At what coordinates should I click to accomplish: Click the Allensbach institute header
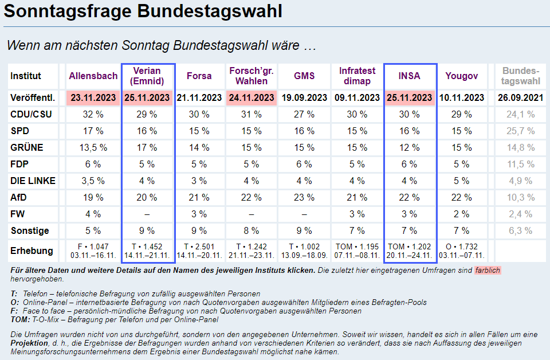click(x=93, y=76)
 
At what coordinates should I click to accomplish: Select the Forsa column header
click(x=199, y=76)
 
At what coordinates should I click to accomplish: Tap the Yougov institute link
click(x=462, y=76)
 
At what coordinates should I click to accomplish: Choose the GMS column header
click(x=304, y=76)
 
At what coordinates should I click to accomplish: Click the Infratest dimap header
click(x=357, y=76)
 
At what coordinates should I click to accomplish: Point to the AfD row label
click(x=19, y=197)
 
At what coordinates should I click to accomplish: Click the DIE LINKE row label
click(x=33, y=181)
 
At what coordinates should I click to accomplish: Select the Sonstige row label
click(x=30, y=230)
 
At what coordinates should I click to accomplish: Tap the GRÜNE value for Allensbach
click(x=93, y=147)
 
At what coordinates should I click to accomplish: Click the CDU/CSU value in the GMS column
click(x=304, y=114)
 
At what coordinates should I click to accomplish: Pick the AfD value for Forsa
click(x=199, y=197)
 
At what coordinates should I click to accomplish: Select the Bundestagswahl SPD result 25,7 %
click(x=521, y=131)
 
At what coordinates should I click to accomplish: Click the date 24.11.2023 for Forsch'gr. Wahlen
click(x=252, y=97)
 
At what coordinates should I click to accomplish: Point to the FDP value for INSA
click(x=410, y=164)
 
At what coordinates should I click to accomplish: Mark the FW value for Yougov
click(x=462, y=214)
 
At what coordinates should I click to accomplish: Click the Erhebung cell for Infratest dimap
click(x=357, y=251)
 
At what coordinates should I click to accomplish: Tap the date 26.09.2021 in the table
click(x=521, y=97)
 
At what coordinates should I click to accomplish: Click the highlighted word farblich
click(x=488, y=270)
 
